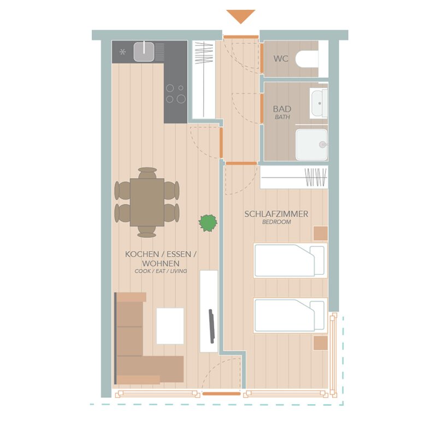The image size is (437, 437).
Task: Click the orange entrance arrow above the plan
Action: point(241,16)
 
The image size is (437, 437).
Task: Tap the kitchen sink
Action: point(144,51)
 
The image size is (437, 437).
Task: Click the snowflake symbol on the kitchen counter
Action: point(122,52)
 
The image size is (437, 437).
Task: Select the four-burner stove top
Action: point(176,93)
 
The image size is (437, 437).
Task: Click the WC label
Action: point(281,59)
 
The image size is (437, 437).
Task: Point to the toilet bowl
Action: point(306,59)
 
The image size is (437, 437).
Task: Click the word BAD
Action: point(282,108)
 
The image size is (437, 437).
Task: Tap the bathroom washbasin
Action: point(320,103)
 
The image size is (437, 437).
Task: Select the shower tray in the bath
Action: point(311,144)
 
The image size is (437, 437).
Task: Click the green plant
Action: point(208,223)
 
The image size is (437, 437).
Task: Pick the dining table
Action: point(147,202)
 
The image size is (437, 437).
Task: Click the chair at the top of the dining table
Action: point(147,173)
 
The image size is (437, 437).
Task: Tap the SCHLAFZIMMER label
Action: point(276,214)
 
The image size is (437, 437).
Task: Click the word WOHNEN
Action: point(161,263)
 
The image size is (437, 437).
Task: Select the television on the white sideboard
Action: point(211,326)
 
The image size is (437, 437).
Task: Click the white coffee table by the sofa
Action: point(170,326)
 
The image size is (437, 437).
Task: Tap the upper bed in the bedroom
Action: point(290,261)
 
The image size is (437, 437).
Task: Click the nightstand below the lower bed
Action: point(321,343)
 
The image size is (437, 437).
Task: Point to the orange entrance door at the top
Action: point(241,37)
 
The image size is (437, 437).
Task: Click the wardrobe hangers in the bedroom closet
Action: point(316,177)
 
